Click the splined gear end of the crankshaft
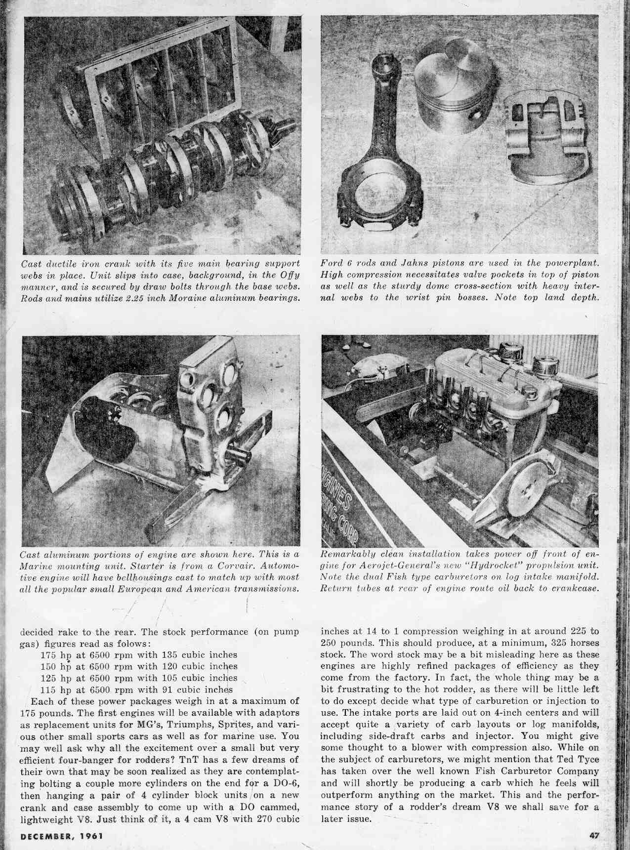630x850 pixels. pos(285,133)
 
